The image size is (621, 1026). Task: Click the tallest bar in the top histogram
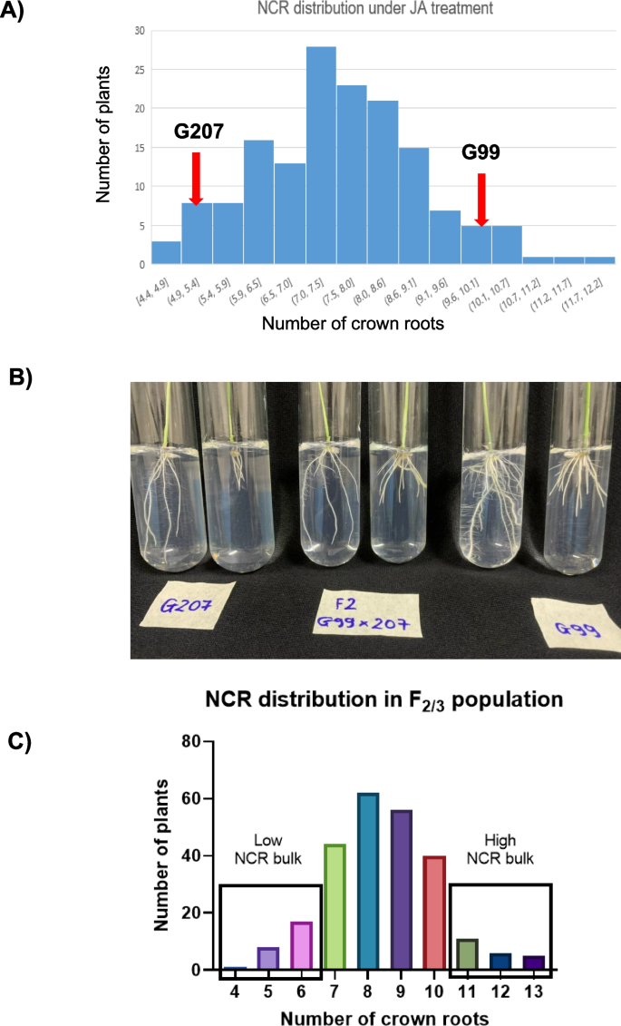pos(321,155)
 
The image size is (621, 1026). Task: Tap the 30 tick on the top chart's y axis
pos(140,30)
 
